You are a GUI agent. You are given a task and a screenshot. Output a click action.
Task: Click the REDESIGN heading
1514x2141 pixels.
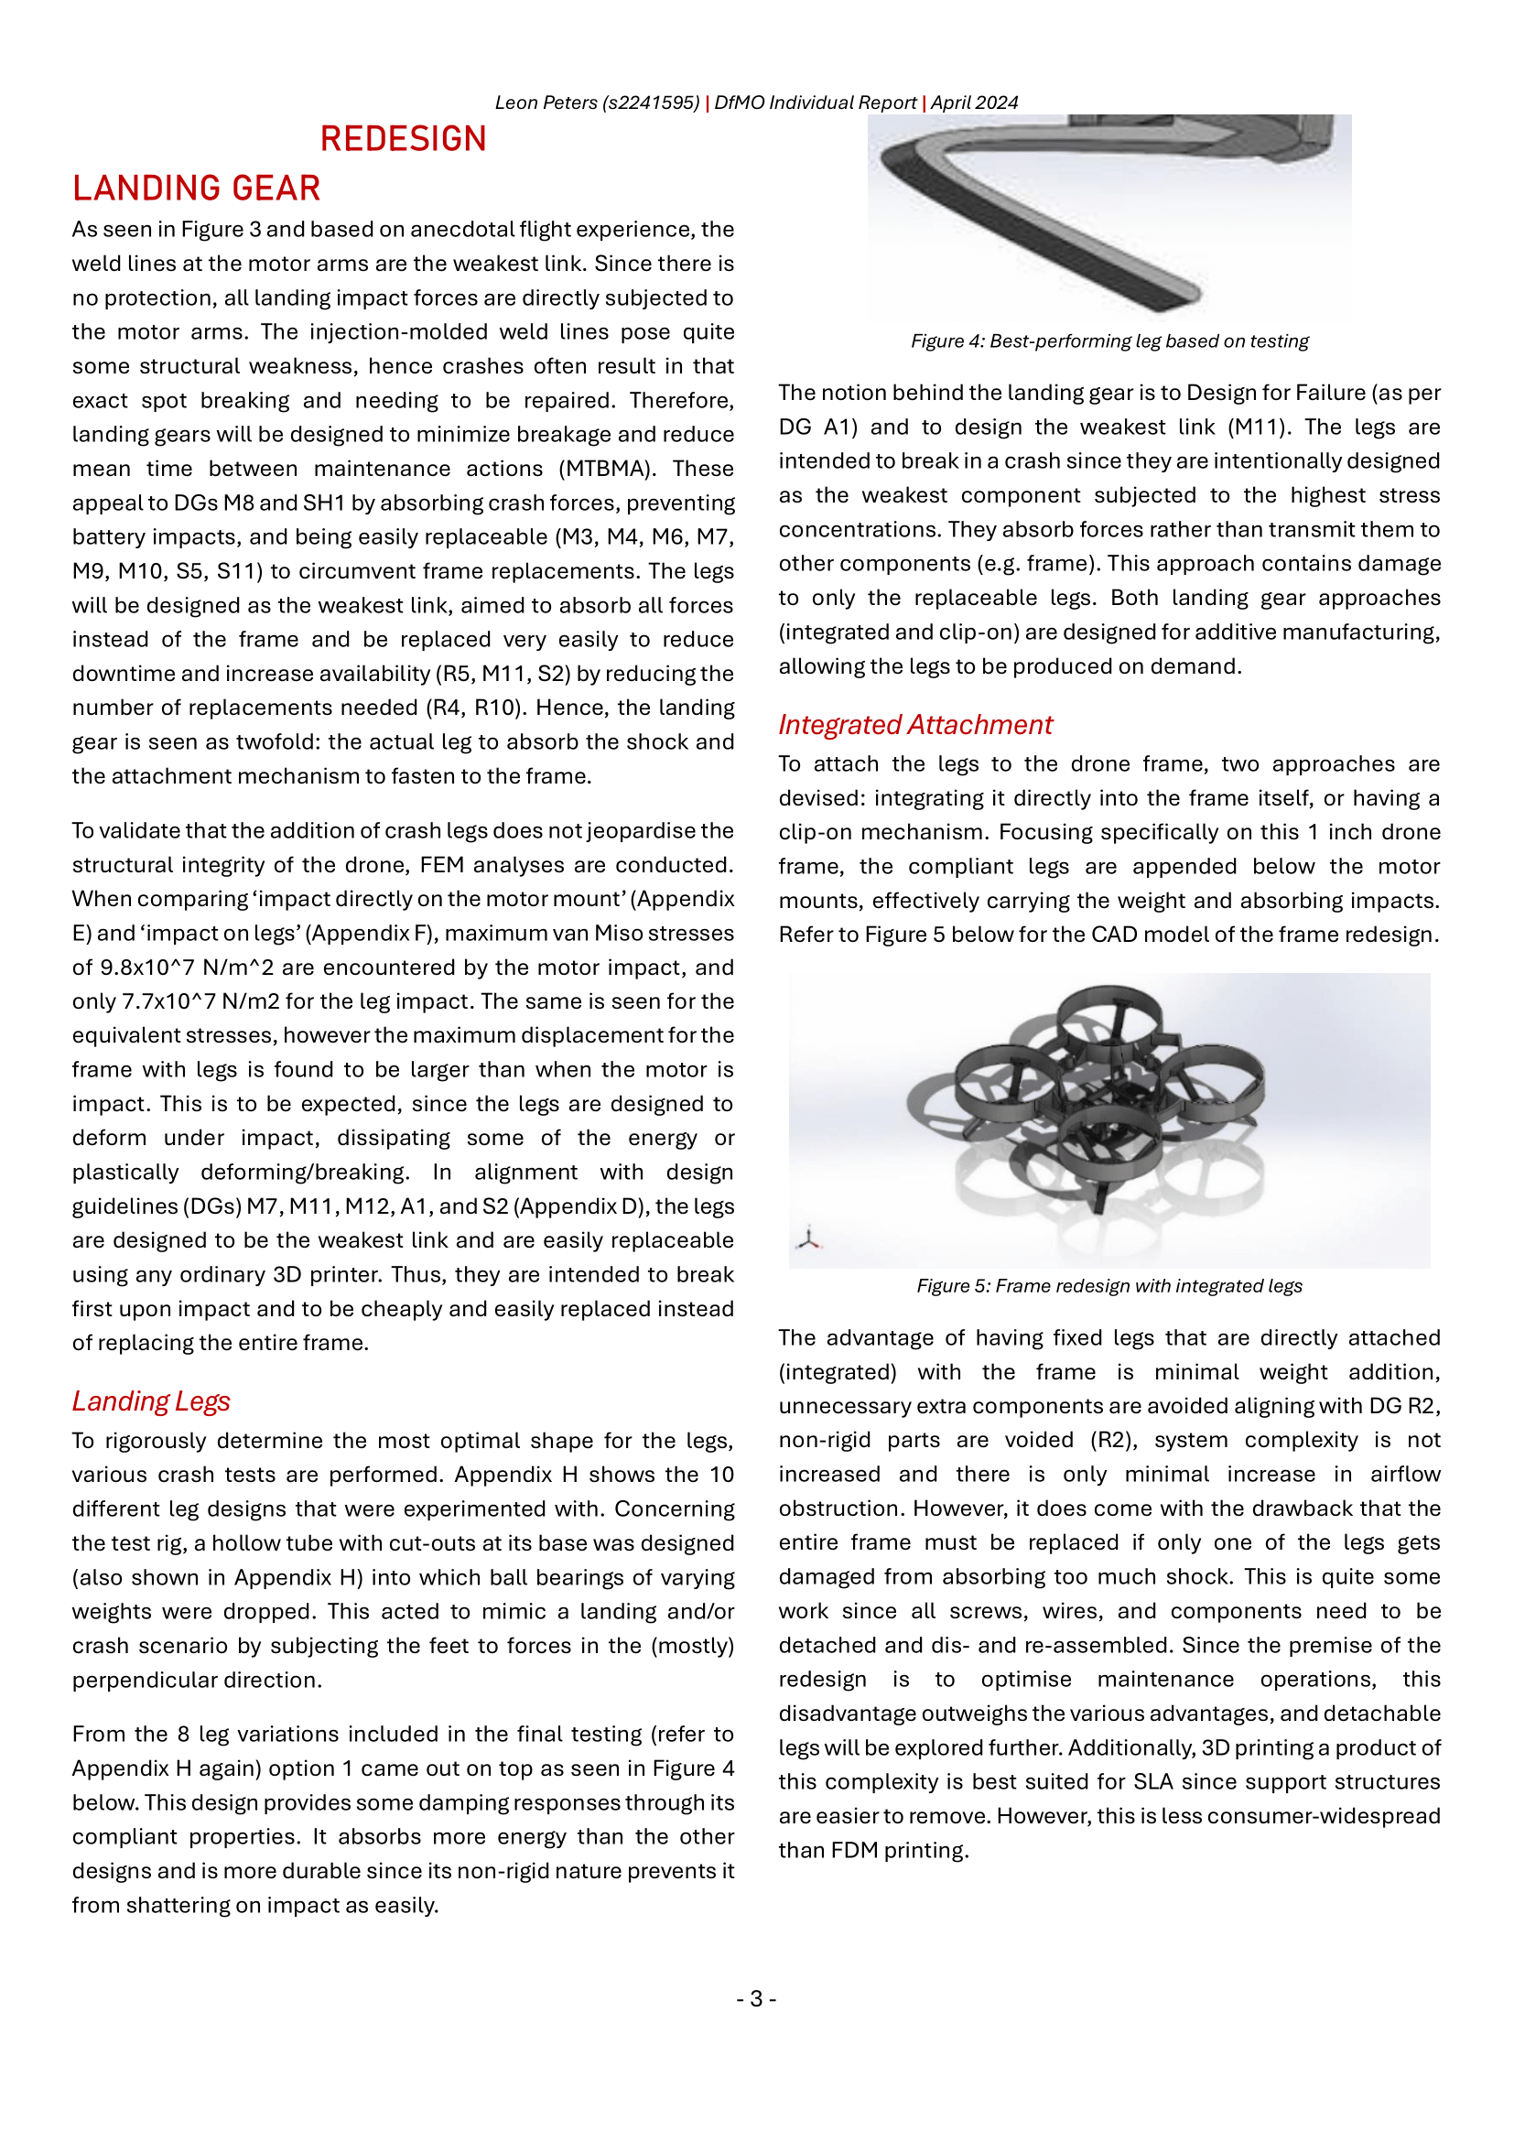click(403, 139)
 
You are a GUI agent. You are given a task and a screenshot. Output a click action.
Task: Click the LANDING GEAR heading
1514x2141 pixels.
click(197, 189)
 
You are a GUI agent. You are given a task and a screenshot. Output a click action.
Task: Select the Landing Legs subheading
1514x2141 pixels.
click(151, 1401)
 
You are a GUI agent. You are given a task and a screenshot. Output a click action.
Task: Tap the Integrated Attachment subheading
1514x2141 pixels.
click(914, 725)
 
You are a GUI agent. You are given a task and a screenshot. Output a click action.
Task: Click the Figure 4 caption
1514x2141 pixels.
click(1109, 341)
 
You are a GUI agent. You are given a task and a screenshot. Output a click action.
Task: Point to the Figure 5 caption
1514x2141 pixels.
click(1109, 1286)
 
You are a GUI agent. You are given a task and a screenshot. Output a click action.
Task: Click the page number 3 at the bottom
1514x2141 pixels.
click(756, 1998)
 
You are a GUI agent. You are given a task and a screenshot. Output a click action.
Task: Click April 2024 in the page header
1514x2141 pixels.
click(974, 103)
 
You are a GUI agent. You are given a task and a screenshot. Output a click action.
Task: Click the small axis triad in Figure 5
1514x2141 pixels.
click(809, 1238)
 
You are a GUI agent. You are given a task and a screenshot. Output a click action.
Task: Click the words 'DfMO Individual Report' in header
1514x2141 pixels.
click(815, 103)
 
